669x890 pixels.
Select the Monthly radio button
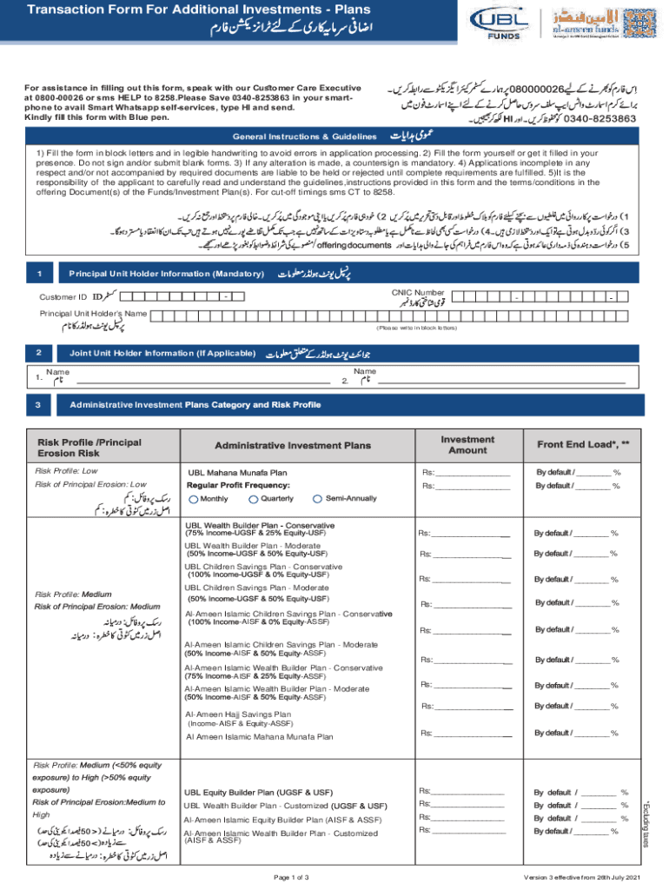193,499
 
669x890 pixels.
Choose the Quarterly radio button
254,499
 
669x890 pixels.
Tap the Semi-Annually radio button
318,499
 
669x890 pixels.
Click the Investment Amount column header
467,446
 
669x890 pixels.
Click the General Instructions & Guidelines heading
303,137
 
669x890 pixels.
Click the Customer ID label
63,297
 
